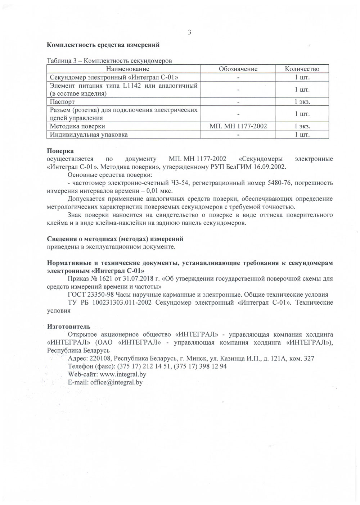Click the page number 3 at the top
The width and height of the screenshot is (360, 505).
189,33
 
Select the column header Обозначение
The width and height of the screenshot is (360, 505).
238,69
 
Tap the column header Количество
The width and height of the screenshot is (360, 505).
302,69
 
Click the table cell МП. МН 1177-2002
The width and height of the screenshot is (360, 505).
238,126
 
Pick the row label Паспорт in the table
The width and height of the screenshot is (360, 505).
62,102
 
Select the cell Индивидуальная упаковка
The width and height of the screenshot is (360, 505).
89,135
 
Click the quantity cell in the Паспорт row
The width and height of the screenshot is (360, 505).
302,102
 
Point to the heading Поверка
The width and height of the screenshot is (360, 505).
60,151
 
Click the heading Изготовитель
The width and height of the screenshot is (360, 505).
69,327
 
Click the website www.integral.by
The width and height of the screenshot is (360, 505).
122,374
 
